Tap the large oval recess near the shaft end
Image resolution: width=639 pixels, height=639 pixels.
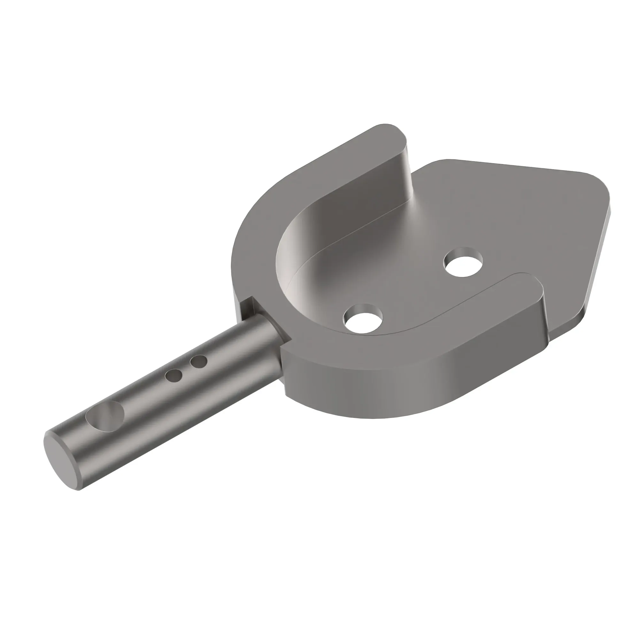click(105, 416)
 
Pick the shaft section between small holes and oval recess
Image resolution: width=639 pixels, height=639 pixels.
click(142, 397)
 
